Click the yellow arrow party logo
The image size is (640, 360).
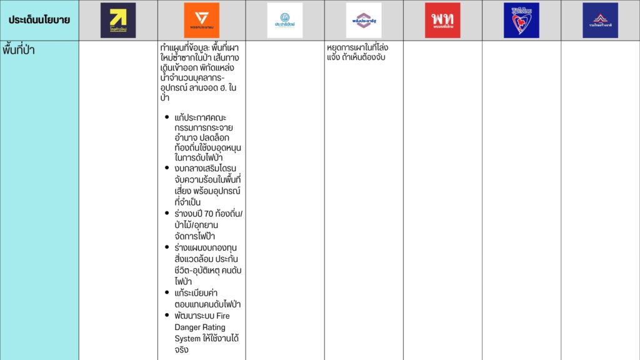point(118,20)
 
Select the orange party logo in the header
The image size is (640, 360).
point(201,20)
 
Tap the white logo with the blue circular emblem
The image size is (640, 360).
point(284,20)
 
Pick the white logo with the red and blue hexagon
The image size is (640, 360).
point(364,20)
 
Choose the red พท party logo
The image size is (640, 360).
point(442,20)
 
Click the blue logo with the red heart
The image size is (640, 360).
point(521,20)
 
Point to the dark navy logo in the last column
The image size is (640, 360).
point(600,20)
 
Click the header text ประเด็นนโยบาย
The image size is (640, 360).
point(39,20)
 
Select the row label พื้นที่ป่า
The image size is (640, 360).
point(19,50)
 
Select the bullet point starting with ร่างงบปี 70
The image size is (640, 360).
point(209,224)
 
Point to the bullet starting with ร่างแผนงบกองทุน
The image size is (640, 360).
point(208,264)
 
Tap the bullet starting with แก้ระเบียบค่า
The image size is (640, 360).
point(205,298)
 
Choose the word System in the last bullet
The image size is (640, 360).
point(189,339)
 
